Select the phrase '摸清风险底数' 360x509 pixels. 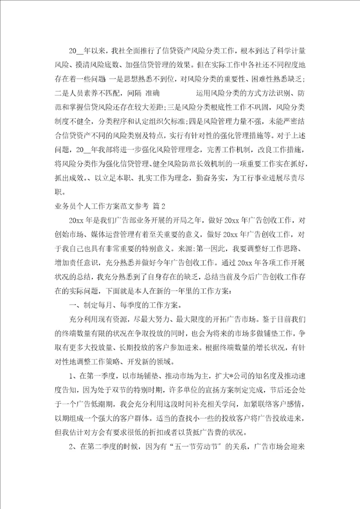pyautogui.click(x=98, y=64)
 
